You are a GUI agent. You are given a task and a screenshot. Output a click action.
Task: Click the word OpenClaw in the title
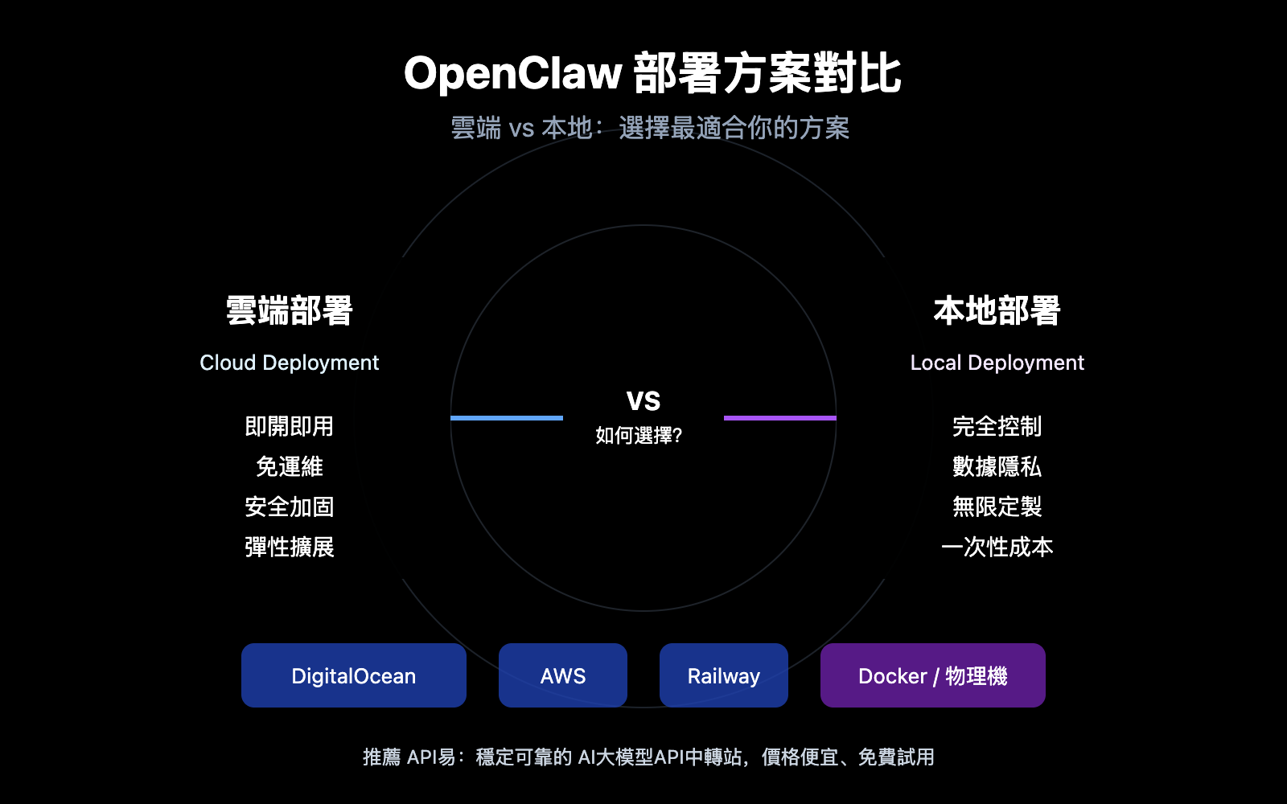click(x=512, y=74)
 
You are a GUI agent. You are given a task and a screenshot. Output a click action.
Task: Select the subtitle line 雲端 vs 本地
click(x=650, y=128)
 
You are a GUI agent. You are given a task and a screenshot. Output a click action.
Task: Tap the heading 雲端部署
click(x=290, y=311)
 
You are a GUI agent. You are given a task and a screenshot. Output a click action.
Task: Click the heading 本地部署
click(x=997, y=311)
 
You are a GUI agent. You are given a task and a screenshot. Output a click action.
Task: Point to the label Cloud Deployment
click(x=289, y=363)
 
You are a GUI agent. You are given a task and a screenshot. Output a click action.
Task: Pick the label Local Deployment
click(x=997, y=363)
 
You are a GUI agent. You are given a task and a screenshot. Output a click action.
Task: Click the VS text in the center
click(x=643, y=400)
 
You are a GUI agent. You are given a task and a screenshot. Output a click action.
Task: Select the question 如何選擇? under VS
click(x=639, y=436)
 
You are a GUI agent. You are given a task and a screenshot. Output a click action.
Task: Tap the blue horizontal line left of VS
click(x=507, y=418)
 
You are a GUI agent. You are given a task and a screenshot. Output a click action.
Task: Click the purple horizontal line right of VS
click(x=780, y=418)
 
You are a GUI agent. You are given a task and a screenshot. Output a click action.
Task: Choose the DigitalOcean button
click(x=354, y=675)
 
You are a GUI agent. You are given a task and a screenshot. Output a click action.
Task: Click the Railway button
click(x=724, y=675)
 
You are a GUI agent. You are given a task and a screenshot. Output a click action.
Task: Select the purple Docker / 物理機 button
click(x=933, y=675)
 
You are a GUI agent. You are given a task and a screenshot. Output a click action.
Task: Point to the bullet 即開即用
click(x=289, y=426)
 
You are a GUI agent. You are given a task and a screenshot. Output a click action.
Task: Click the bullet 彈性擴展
click(x=289, y=548)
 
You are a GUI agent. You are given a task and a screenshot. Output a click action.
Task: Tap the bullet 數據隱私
click(x=997, y=466)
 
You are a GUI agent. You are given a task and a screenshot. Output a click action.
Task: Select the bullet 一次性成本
click(x=997, y=548)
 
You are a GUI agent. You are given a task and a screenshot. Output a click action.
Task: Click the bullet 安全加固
click(x=289, y=507)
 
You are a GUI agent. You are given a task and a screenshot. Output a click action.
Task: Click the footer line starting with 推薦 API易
click(x=648, y=757)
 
